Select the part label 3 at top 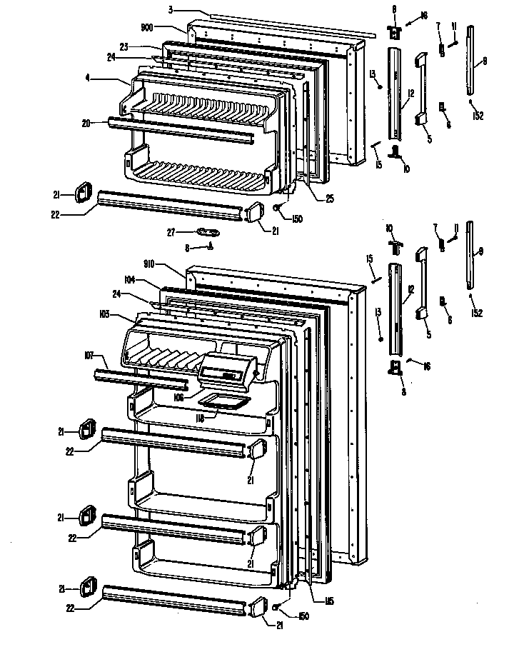click(171, 10)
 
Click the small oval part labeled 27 click(208, 231)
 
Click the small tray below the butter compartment click(221, 401)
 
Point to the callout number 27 click(172, 231)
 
